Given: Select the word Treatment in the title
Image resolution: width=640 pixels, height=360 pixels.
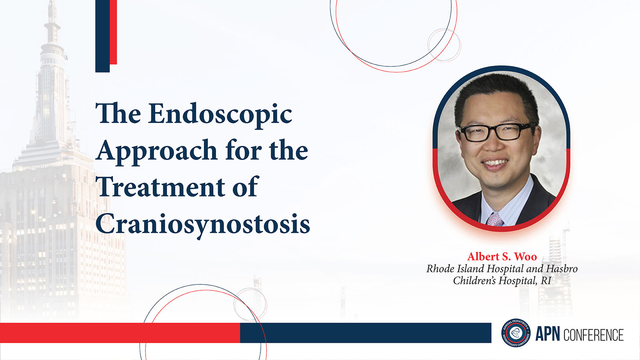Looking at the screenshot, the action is (160, 187).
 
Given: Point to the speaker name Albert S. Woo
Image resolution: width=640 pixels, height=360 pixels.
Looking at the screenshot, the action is (502, 256).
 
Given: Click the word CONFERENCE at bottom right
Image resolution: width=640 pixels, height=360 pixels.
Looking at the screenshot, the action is (594, 334).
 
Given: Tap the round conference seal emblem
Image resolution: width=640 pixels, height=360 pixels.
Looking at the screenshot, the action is (516, 333).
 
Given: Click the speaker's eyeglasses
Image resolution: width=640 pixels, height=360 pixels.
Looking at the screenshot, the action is (498, 132).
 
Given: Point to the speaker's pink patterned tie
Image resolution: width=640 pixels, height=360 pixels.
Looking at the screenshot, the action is (495, 220).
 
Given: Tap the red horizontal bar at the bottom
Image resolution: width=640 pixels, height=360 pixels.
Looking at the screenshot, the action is (120, 333).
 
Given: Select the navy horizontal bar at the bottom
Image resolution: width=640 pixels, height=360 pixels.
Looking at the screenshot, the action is (366, 333).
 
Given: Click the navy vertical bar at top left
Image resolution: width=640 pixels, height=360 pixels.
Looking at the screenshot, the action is (102, 36).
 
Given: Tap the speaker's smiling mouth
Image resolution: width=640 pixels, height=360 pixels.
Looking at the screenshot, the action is (495, 164).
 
